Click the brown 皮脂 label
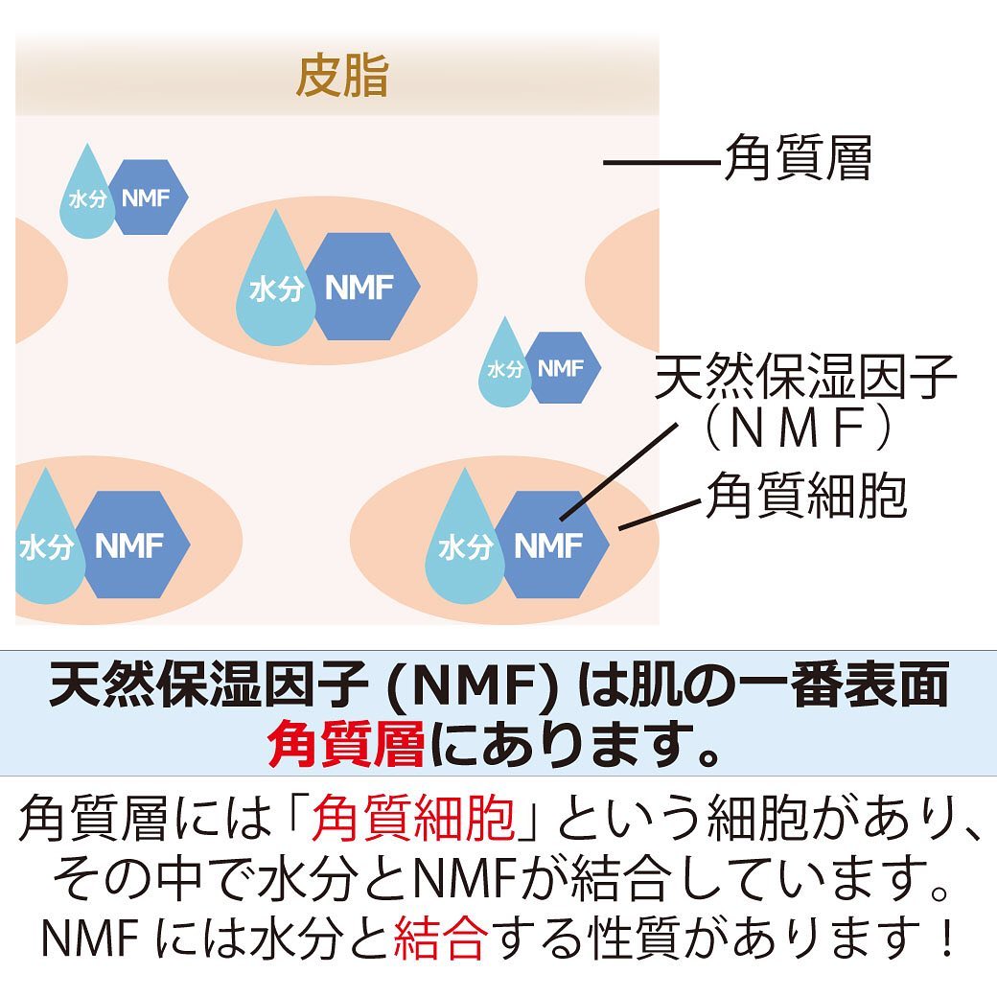[342, 76]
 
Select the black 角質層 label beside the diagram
[799, 157]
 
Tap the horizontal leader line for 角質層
[662, 163]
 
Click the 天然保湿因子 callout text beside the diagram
[805, 377]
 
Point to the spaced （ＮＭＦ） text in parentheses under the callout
[799, 428]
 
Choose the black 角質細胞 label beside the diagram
[806, 496]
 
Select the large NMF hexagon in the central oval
[362, 286]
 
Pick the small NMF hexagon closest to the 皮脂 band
[148, 197]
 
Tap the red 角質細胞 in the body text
[413, 816]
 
